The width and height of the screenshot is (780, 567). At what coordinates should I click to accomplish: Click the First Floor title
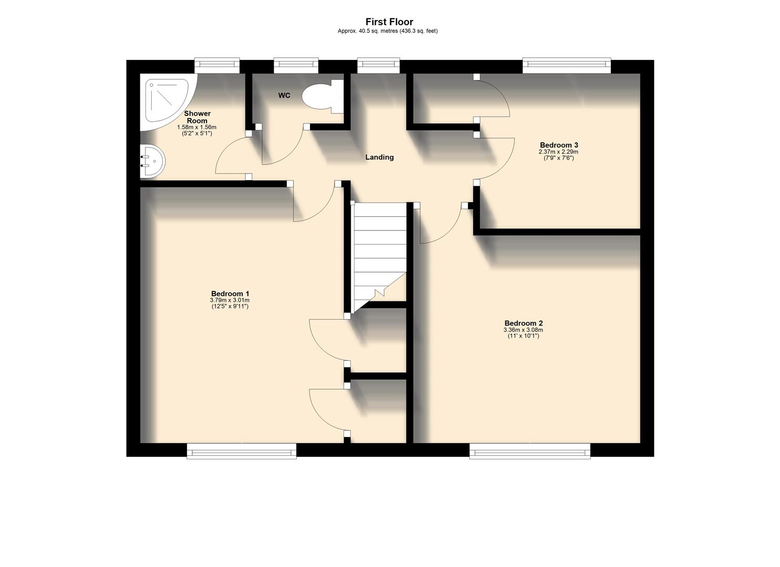pos(389,22)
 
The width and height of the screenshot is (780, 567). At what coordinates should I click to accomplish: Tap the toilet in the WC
pos(322,97)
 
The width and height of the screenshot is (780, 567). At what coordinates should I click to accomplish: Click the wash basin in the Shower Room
pos(152,161)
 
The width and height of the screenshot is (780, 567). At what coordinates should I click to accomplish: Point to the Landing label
pos(379,157)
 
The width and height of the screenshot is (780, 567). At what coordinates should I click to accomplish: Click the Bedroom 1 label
pos(230,293)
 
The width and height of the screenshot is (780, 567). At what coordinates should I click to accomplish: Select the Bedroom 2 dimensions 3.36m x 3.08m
pos(523,330)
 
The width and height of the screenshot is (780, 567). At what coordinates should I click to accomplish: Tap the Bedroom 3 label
pos(559,145)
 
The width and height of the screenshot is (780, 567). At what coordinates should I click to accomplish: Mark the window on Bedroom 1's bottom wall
pos(242,450)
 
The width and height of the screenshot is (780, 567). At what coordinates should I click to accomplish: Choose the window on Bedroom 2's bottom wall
pos(529,450)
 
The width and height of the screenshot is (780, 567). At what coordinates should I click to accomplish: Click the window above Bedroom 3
pos(566,66)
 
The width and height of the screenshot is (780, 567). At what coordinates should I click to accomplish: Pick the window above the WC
pos(296,66)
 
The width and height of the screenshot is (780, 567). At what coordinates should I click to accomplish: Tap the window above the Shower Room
pos(217,66)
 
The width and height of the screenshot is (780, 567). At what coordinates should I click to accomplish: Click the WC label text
pos(284,96)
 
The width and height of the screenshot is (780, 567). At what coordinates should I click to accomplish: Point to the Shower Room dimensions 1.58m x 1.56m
pos(197,128)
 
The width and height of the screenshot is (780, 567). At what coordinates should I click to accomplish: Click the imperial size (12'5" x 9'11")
pos(230,306)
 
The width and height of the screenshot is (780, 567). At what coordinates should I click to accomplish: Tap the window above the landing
pos(378,66)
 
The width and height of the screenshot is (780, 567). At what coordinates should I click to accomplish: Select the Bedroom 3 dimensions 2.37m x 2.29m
pos(558,152)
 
